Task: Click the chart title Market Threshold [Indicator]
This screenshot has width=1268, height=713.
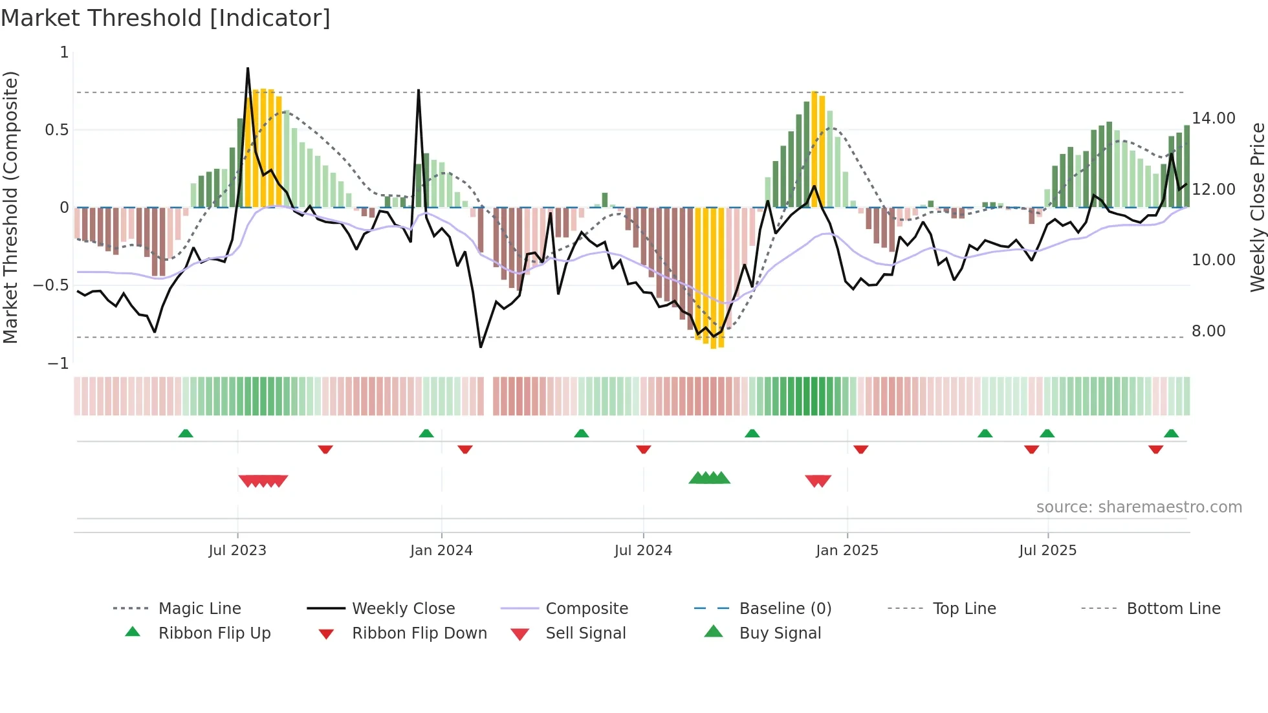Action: pos(166,18)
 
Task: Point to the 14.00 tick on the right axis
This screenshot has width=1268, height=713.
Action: pos(1213,118)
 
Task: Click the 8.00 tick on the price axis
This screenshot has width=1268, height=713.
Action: pos(1208,331)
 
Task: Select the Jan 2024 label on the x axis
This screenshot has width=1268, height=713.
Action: pos(441,551)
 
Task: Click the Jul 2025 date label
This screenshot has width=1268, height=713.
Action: pos(1047,551)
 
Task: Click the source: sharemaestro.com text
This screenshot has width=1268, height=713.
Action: pos(1139,507)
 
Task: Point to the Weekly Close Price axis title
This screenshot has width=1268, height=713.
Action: pos(1257,207)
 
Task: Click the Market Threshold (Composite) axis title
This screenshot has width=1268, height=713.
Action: pos(10,207)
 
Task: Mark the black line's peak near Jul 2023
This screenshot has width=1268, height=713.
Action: pos(248,69)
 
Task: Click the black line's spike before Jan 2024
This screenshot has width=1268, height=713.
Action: pos(419,91)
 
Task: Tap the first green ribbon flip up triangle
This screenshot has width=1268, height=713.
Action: pos(186,433)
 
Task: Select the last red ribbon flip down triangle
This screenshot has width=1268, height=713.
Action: pos(1155,450)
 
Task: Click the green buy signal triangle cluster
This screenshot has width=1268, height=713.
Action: pos(710,479)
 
